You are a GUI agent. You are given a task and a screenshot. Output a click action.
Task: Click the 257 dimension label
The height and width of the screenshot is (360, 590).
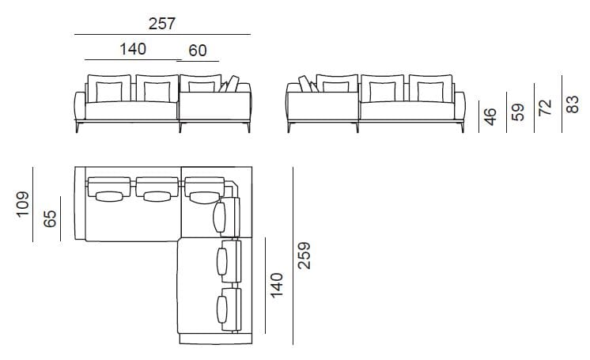[162, 24]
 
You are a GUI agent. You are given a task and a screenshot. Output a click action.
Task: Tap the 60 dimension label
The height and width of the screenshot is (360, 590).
[198, 51]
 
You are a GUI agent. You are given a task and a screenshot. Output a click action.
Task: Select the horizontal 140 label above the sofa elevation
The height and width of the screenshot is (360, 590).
[133, 49]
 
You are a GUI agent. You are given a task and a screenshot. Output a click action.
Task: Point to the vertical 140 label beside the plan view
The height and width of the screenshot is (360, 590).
[277, 285]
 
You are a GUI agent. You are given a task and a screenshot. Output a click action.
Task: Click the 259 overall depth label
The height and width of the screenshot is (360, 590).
[304, 256]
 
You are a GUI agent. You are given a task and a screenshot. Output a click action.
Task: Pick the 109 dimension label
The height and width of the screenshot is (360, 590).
[23, 204]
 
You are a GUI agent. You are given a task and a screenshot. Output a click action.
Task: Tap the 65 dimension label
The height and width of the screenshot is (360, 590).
[50, 219]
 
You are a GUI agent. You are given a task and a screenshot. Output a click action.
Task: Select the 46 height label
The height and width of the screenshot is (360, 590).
[490, 117]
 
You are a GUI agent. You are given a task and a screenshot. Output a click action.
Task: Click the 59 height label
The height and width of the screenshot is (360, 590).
[518, 112]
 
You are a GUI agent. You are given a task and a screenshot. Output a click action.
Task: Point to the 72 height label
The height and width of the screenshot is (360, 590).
[545, 108]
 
